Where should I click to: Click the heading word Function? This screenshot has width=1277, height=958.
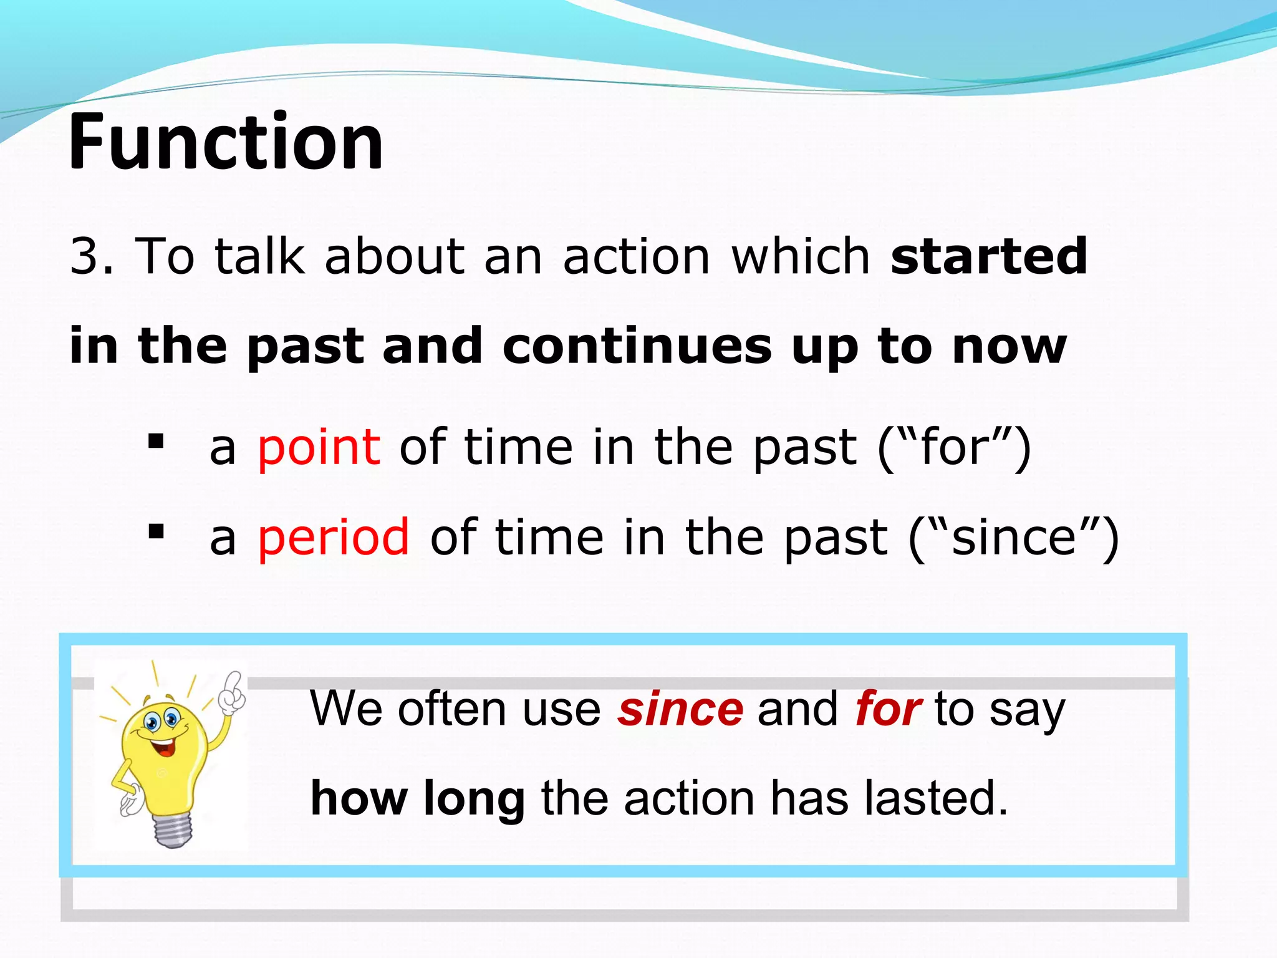[226, 142]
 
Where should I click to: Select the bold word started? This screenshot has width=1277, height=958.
[988, 256]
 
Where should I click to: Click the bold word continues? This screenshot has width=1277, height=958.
[636, 346]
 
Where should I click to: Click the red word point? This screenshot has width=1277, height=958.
[319, 448]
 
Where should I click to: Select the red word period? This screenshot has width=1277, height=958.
[334, 538]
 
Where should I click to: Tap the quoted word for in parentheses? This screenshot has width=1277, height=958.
[954, 448]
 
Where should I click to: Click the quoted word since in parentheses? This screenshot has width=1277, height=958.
[1013, 538]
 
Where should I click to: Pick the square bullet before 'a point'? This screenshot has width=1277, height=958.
[156, 442]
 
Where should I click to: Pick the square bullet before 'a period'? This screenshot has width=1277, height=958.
[156, 532]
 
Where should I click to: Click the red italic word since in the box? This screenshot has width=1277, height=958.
[680, 710]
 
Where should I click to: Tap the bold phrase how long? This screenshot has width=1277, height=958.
[417, 798]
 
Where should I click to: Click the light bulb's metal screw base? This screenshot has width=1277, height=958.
[173, 830]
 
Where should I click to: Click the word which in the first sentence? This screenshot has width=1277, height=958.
[801, 256]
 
